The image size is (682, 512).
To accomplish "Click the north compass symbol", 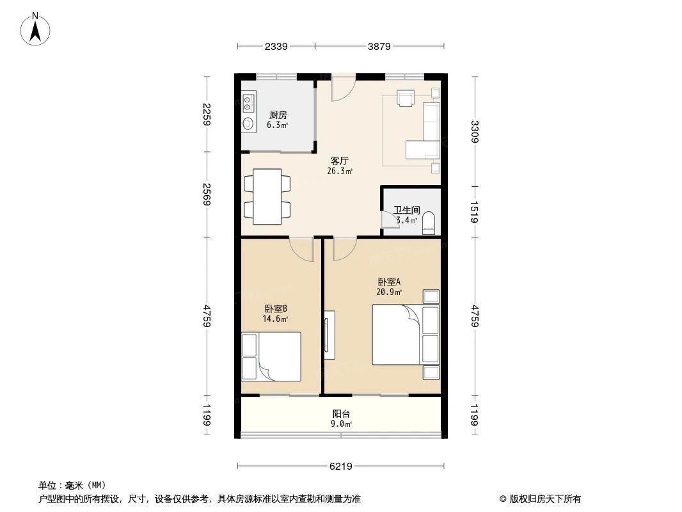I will (x=36, y=29).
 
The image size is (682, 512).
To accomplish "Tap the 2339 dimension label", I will (x=276, y=46).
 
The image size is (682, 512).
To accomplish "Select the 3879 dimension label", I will (x=379, y=46).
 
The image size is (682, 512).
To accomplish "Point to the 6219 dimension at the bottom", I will (x=341, y=467).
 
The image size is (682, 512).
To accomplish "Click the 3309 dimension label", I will (x=475, y=132).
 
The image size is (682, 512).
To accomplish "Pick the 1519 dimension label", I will (x=475, y=211).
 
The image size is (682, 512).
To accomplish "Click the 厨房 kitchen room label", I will (x=277, y=115).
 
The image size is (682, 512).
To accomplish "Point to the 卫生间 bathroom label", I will (x=406, y=210).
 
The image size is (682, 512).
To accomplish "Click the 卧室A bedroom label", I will (x=389, y=282).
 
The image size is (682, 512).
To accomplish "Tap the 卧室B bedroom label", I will (x=275, y=308).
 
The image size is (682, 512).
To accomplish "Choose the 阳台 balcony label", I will (x=340, y=413).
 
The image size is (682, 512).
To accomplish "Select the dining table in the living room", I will (x=267, y=196).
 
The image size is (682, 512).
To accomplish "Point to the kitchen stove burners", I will (x=248, y=102).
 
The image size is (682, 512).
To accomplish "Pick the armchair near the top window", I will (x=406, y=97).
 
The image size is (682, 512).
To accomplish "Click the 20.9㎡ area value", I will (x=389, y=292).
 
